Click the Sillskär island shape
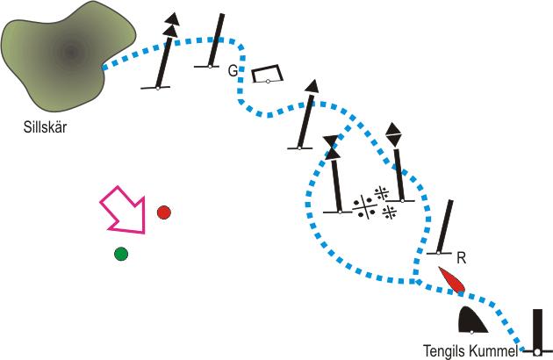(x=67, y=53)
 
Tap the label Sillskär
(x=45, y=127)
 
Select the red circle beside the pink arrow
(x=163, y=212)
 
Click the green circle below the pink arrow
(x=121, y=254)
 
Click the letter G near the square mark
(x=233, y=71)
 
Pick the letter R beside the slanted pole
(x=462, y=258)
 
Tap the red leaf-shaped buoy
(x=452, y=280)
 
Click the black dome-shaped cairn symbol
(x=472, y=320)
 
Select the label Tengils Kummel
(x=470, y=351)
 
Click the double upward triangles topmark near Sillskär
(x=172, y=25)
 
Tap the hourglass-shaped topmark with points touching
(x=333, y=148)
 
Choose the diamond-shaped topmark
(x=393, y=134)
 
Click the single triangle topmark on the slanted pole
(x=312, y=86)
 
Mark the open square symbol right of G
(x=267, y=74)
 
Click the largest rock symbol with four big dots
(x=364, y=207)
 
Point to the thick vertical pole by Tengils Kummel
(x=537, y=332)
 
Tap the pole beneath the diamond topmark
(x=399, y=176)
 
